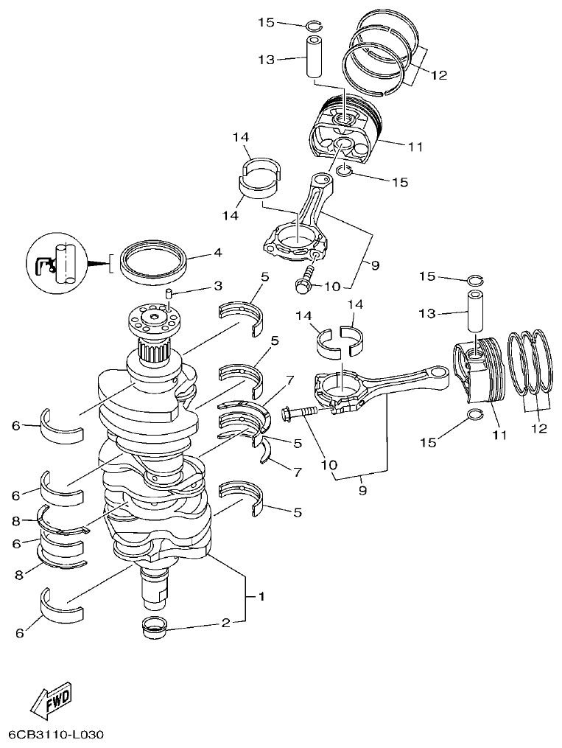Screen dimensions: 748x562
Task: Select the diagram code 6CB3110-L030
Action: point(57,735)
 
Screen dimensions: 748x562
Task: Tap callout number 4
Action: point(217,253)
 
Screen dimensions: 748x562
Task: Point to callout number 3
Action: point(217,285)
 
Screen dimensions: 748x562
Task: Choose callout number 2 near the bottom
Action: point(226,623)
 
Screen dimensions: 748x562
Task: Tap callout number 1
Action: point(259,594)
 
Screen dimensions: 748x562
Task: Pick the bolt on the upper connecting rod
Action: point(303,282)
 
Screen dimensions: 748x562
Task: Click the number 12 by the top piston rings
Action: point(439,74)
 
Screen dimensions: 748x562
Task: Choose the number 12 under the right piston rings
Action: point(538,428)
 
